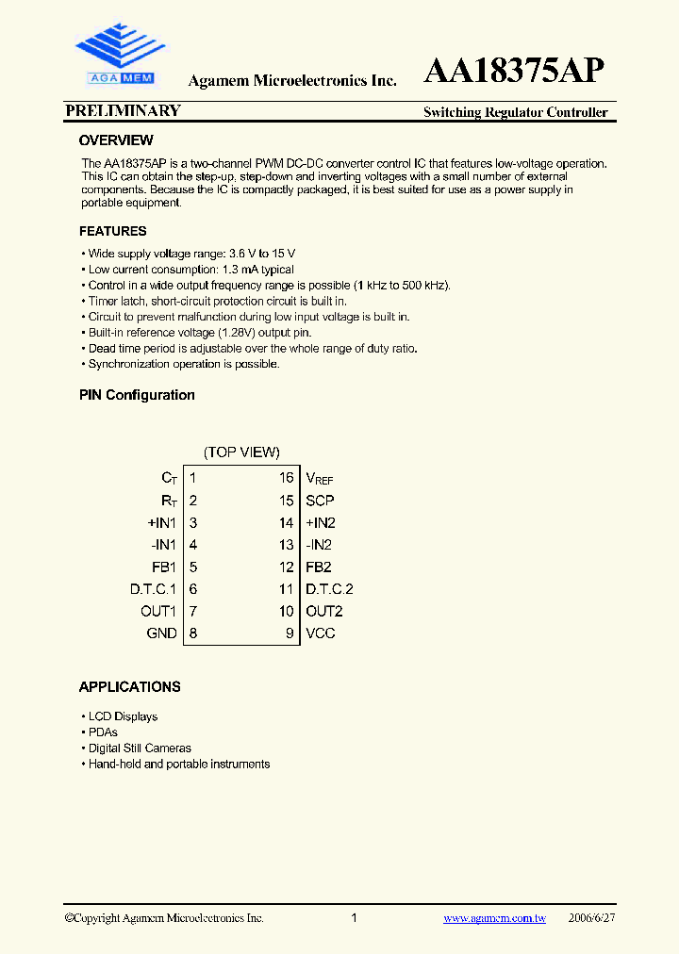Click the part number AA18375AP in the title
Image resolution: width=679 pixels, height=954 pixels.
pyautogui.click(x=515, y=73)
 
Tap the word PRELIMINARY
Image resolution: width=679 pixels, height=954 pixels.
pyautogui.click(x=123, y=111)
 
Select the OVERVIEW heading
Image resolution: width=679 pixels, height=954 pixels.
pyautogui.click(x=116, y=140)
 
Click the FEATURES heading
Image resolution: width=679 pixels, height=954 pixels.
pyautogui.click(x=113, y=231)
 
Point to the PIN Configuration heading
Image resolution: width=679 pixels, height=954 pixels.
pyautogui.click(x=137, y=395)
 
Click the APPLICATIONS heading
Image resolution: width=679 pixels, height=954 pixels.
pyautogui.click(x=129, y=687)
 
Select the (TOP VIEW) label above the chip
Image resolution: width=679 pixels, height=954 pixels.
pyautogui.click(x=241, y=452)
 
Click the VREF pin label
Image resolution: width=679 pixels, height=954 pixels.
pyautogui.click(x=319, y=479)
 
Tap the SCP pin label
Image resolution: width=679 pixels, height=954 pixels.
pyautogui.click(x=320, y=501)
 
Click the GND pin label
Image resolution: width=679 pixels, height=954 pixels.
pyautogui.click(x=161, y=633)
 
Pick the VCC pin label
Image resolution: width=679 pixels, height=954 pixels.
pyautogui.click(x=321, y=633)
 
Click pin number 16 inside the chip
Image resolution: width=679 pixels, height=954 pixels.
pyautogui.click(x=286, y=478)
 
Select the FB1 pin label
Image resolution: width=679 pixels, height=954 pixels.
pyautogui.click(x=163, y=567)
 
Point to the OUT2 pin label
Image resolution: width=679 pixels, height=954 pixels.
pyautogui.click(x=323, y=611)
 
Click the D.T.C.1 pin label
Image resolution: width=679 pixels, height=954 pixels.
pyautogui.click(x=154, y=589)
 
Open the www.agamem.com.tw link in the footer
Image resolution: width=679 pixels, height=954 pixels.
pyautogui.click(x=494, y=918)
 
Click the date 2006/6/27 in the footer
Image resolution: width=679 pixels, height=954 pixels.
pyautogui.click(x=593, y=918)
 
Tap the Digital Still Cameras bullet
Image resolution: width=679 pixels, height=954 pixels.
pyautogui.click(x=140, y=748)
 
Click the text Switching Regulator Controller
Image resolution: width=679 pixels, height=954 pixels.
pyautogui.click(x=515, y=113)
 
